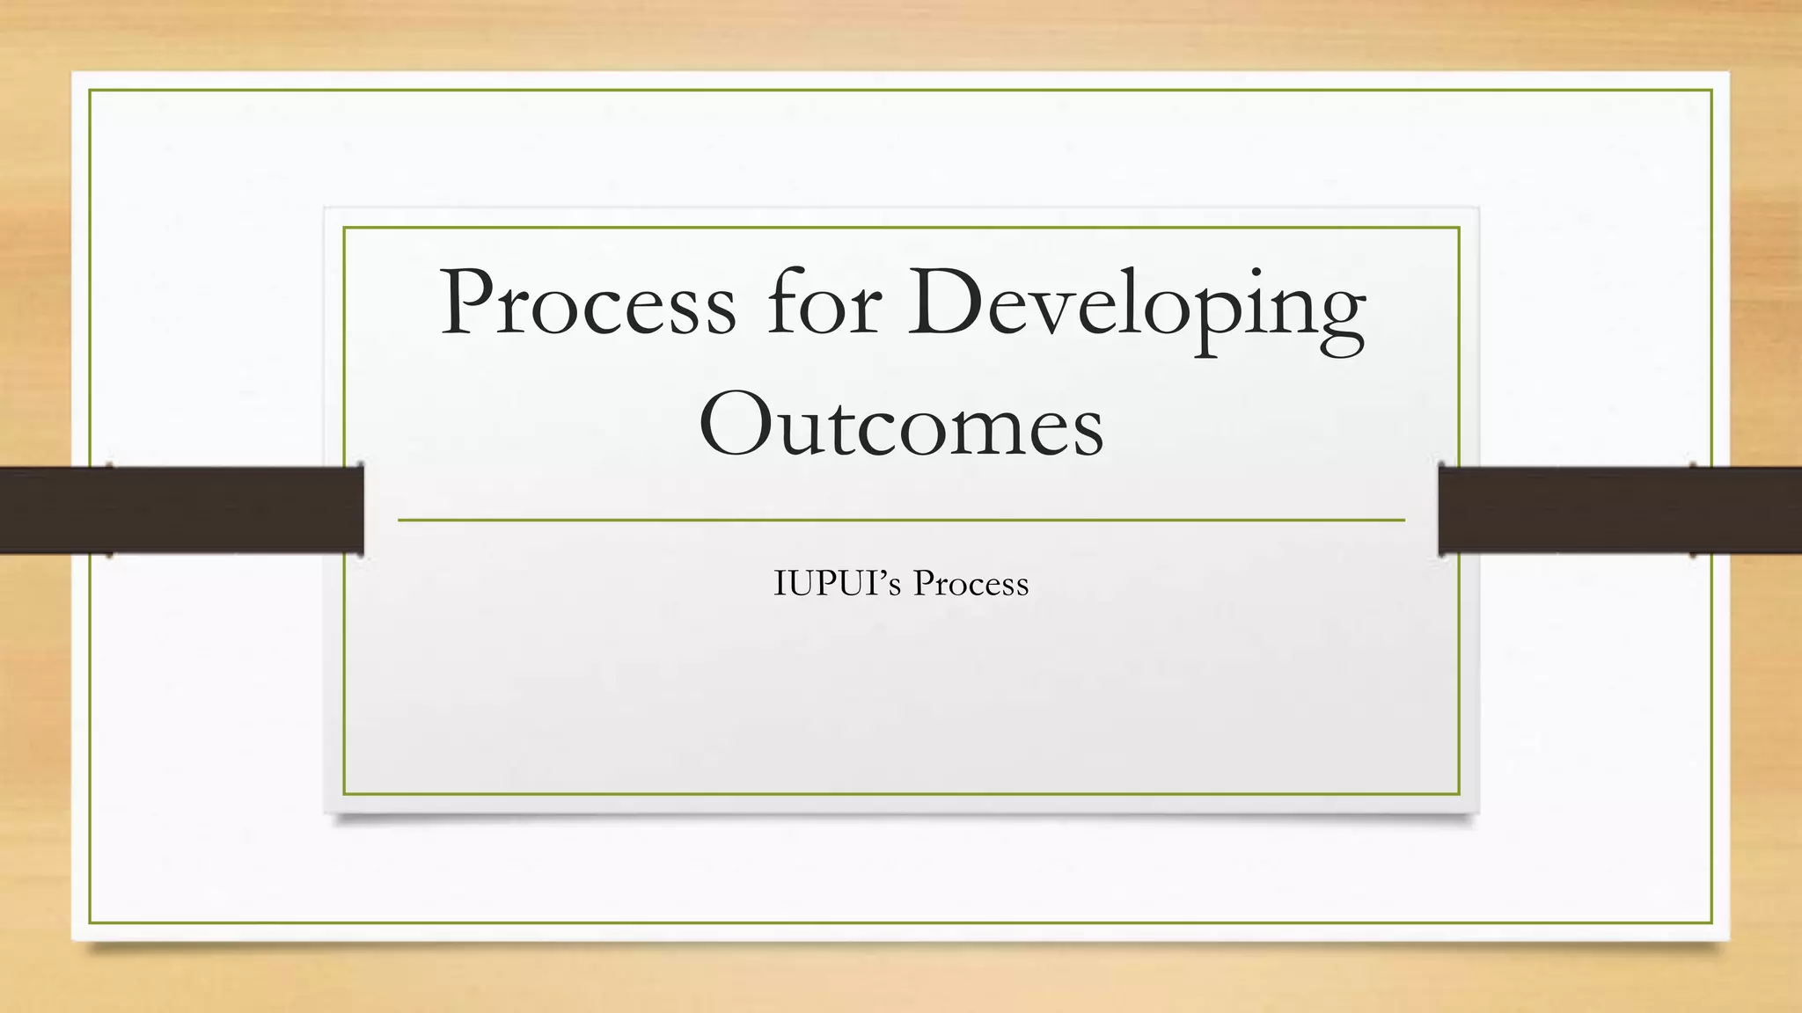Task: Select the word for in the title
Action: (x=823, y=303)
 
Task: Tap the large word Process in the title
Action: (x=588, y=303)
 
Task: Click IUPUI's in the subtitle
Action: (x=837, y=584)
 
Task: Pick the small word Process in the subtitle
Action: (x=971, y=584)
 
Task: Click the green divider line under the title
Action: (x=901, y=521)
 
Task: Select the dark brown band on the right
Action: (x=1619, y=510)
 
